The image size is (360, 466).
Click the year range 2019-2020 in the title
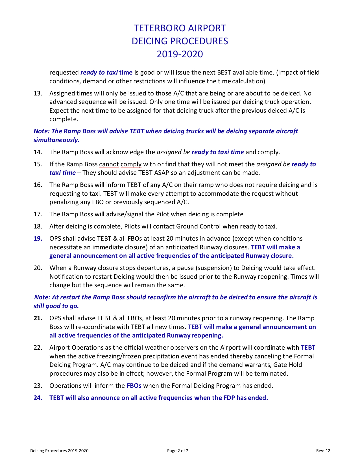[180, 54]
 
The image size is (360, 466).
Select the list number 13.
[38, 93]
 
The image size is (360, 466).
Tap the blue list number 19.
[38, 239]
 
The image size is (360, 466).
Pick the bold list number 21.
[38, 318]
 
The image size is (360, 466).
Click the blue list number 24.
[38, 398]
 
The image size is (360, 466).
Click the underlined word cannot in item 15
[109, 164]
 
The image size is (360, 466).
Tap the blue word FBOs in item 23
[134, 386]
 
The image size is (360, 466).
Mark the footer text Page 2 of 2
[178, 451]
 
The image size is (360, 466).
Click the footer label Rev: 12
[323, 451]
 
